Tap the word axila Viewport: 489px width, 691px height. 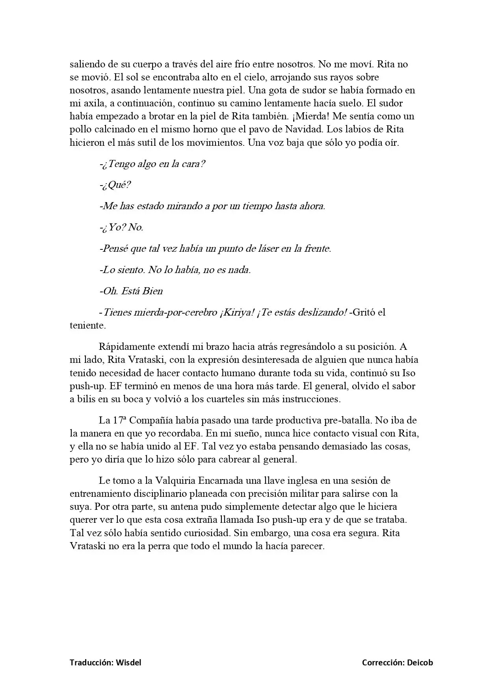[92, 103]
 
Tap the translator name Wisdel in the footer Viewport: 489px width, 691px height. [128, 662]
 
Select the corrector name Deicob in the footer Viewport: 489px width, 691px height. [419, 662]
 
